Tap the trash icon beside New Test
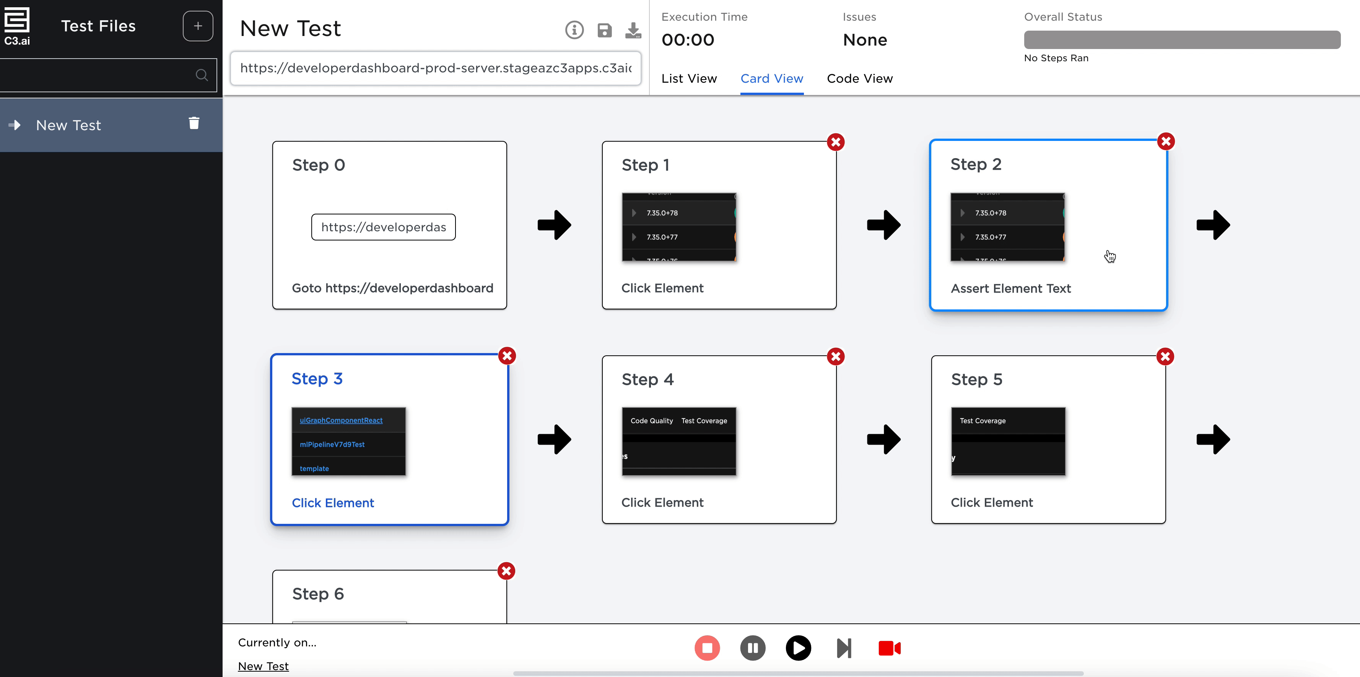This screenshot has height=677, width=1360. tap(194, 123)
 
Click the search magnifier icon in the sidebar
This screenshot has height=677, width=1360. tap(202, 75)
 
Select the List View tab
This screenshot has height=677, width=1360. tap(689, 79)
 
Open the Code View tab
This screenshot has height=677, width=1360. tap(859, 79)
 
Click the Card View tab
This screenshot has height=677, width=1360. tap(771, 79)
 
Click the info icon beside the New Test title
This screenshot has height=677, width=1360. tap(574, 30)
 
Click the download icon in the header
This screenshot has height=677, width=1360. tap(633, 30)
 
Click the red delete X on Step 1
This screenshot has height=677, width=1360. tap(835, 142)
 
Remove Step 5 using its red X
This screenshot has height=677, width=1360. tap(1165, 357)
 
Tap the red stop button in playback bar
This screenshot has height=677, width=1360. tap(707, 648)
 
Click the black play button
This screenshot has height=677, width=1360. tap(798, 648)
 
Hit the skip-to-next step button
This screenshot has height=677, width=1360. tap(844, 648)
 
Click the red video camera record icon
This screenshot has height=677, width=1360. tap(889, 648)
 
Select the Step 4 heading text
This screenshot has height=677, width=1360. tap(647, 379)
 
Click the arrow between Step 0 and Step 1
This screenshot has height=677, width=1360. tap(554, 225)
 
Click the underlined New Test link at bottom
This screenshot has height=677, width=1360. tap(263, 666)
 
